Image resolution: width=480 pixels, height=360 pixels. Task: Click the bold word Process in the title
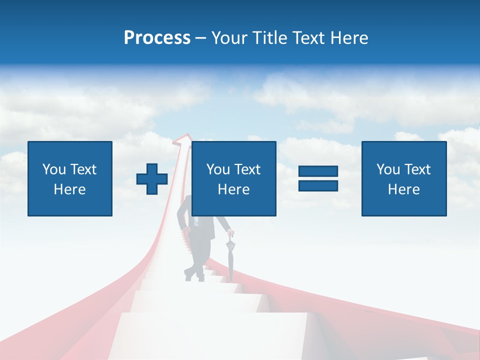coord(157,38)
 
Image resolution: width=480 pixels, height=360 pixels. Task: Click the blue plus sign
coord(152,179)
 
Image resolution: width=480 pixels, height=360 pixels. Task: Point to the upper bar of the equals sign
coord(318,171)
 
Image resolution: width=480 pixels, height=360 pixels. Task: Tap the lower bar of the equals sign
coord(318,185)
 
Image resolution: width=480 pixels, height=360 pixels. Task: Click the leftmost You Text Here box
coord(70,179)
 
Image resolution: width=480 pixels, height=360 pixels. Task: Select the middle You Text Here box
coord(233,179)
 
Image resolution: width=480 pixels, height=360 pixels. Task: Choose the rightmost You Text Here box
coord(404,179)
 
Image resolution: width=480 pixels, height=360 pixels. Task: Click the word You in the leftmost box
coord(54,169)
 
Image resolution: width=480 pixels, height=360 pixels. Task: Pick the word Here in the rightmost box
coord(403,189)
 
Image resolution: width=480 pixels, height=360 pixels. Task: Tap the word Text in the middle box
coord(247,169)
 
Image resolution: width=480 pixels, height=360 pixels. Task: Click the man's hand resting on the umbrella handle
coord(230,233)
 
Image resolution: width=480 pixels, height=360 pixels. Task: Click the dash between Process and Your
coord(200,38)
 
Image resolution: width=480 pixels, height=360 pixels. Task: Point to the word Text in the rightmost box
coord(417,169)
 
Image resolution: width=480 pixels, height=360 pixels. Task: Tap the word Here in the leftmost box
coord(69,189)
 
